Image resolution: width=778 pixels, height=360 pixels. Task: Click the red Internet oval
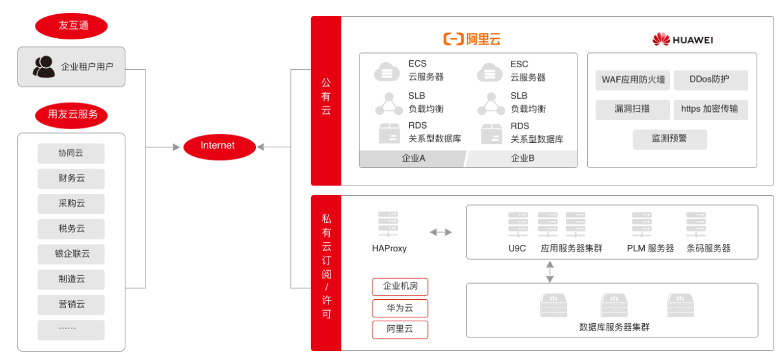217,146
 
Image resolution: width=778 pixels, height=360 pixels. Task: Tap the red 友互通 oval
71,26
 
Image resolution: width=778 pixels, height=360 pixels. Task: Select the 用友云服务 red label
71,114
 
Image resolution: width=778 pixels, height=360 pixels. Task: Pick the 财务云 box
71,178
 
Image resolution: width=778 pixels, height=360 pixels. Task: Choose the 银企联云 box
71,254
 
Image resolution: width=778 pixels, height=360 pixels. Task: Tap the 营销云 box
71,304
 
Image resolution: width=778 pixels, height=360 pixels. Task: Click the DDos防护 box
710,80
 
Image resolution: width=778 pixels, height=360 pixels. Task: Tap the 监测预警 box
669,139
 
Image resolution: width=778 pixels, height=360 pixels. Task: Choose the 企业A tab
413,159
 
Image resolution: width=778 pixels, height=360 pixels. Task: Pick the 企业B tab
523,159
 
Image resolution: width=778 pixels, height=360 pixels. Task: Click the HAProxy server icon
388,224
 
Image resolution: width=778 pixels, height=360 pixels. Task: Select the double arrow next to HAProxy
441,232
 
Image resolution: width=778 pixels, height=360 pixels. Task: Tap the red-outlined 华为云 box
400,308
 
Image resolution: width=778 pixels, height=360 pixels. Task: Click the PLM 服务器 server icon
642,224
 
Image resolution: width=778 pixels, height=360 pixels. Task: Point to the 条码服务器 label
708,248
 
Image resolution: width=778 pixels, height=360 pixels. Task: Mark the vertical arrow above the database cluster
550,271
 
